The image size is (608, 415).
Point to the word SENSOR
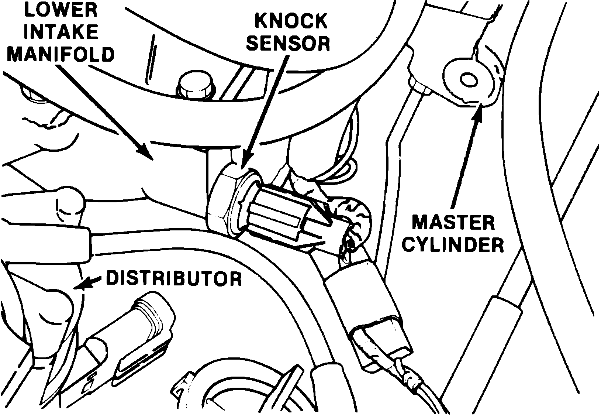pyautogui.click(x=288, y=44)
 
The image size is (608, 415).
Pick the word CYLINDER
pyautogui.click(x=453, y=244)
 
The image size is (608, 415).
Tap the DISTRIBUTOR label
pyautogui.click(x=174, y=279)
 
